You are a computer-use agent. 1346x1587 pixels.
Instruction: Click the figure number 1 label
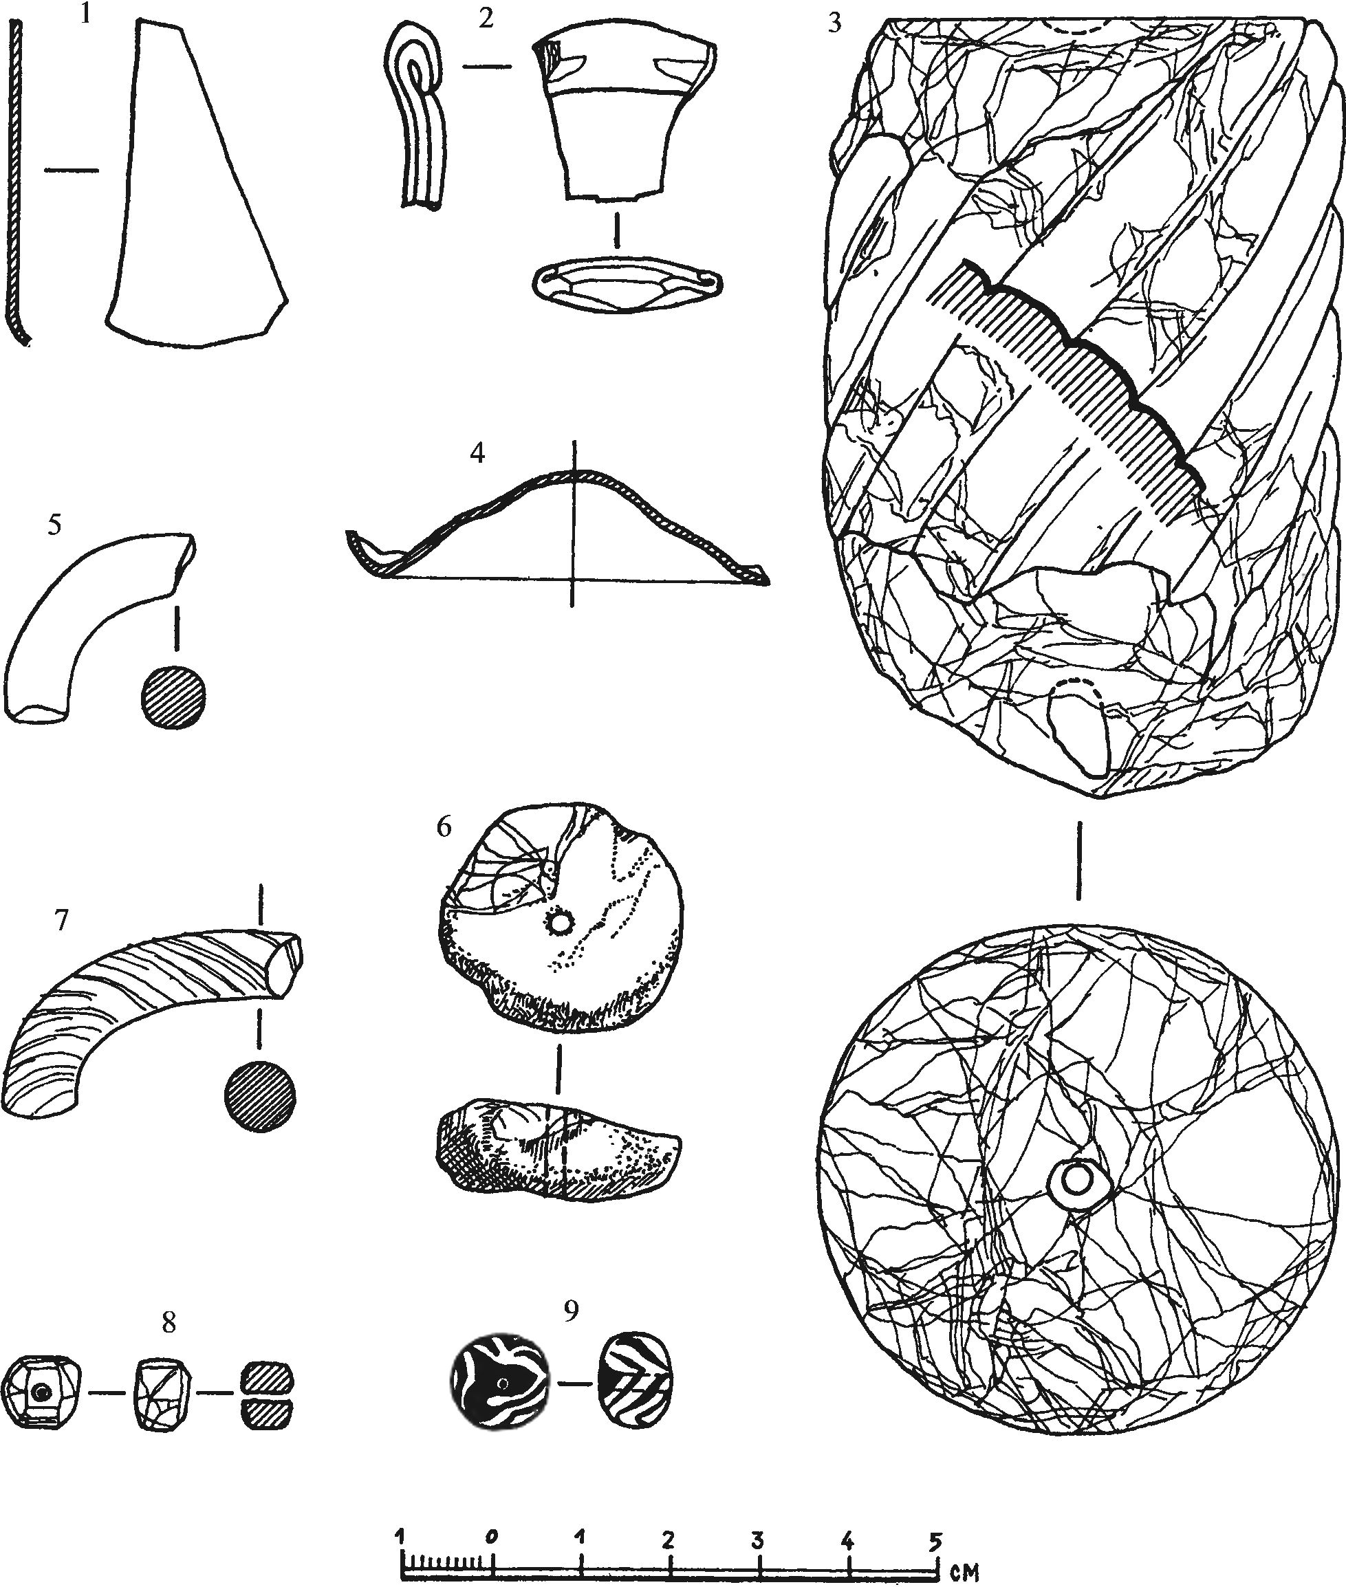[85, 15]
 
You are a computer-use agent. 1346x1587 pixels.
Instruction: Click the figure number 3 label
[836, 23]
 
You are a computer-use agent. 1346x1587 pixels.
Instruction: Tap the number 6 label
[445, 827]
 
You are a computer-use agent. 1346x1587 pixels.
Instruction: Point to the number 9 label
[572, 1310]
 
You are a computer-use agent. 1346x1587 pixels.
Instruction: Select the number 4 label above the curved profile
[477, 453]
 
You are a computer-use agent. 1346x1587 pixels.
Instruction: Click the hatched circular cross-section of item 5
[174, 695]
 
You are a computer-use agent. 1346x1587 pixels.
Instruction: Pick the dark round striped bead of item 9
[501, 1383]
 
